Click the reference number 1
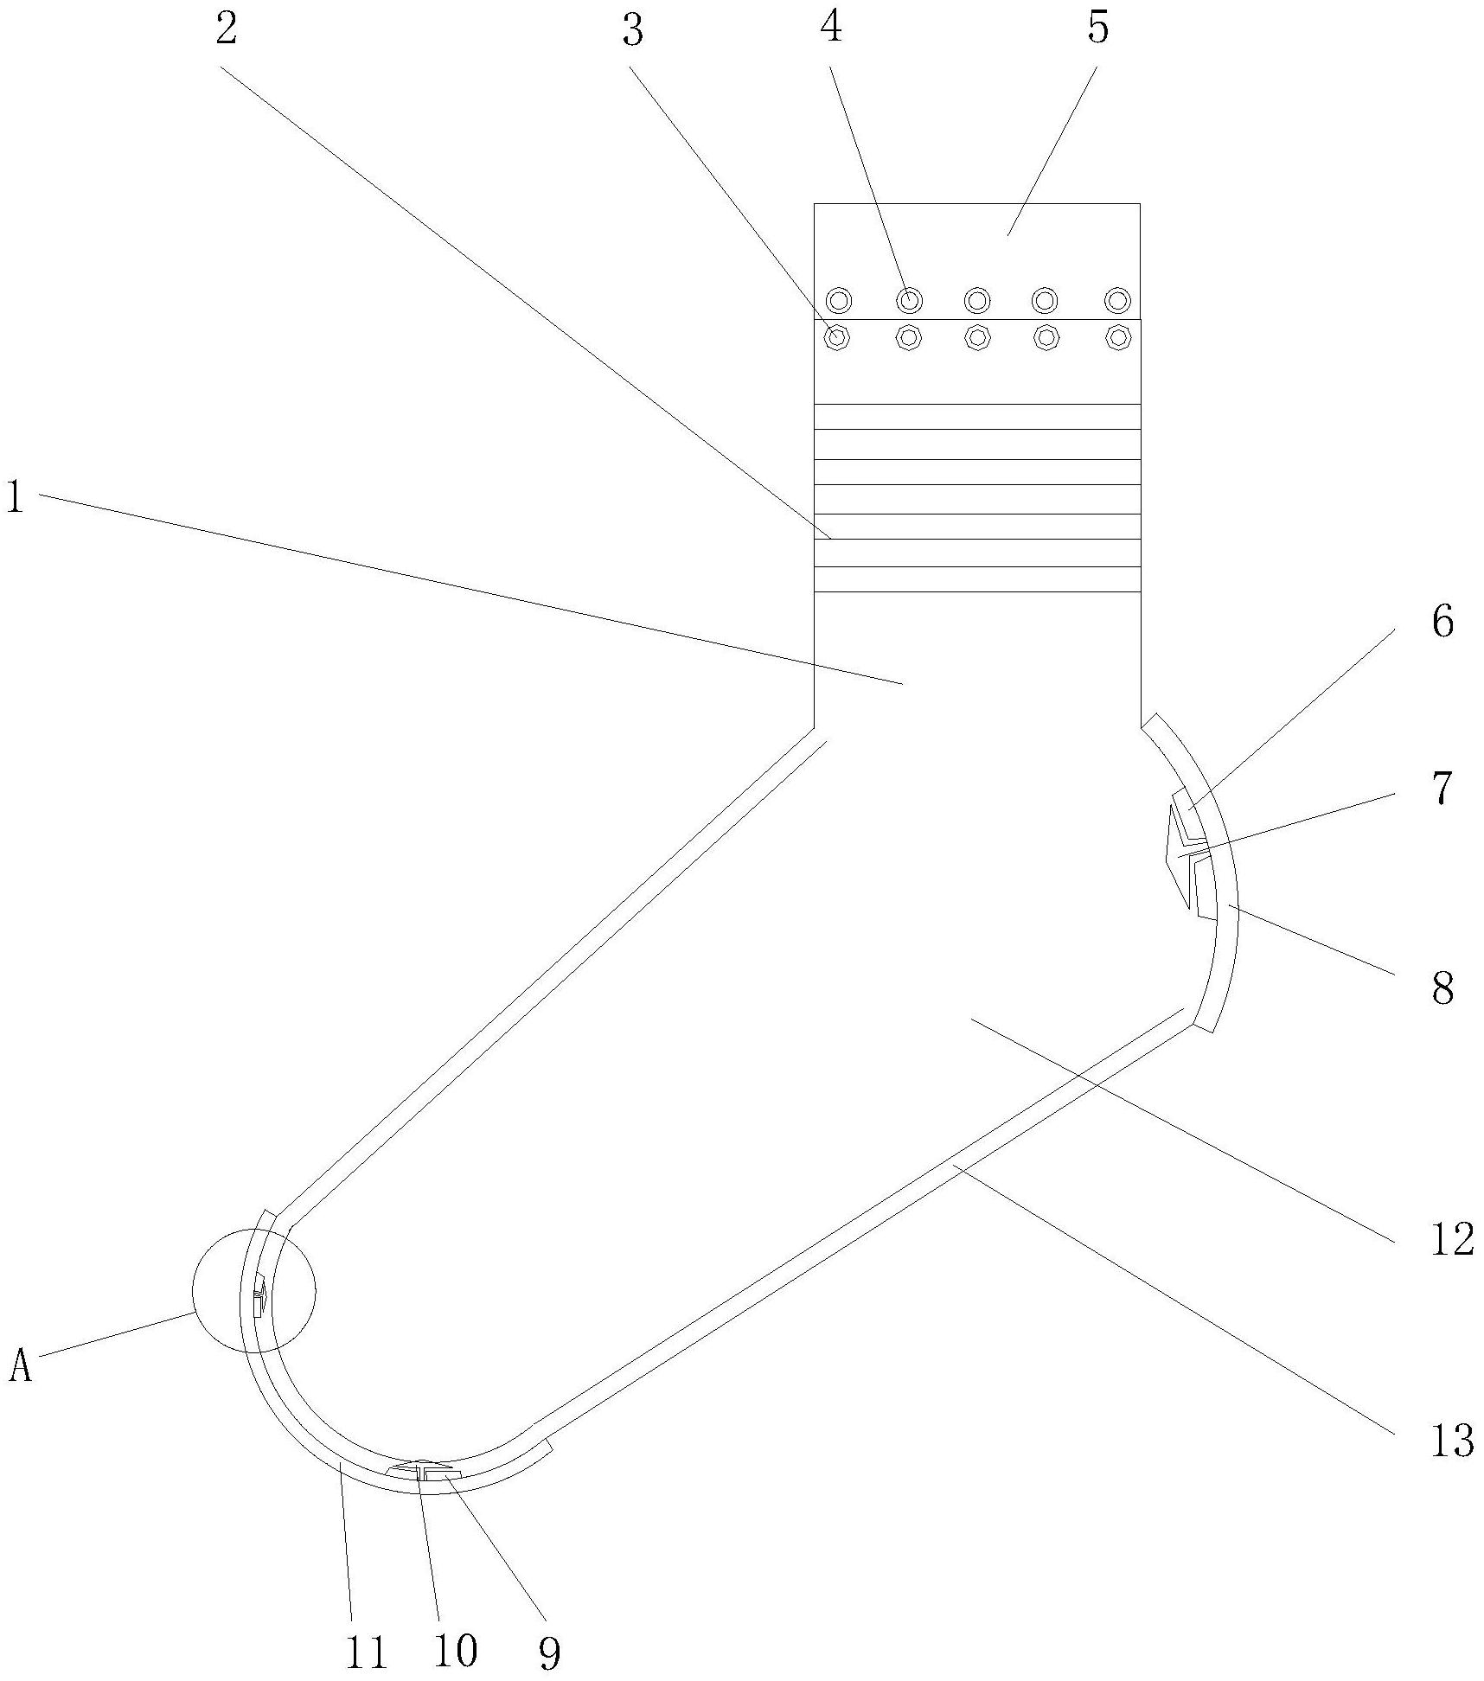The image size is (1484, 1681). point(15,498)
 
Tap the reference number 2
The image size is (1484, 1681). point(226,31)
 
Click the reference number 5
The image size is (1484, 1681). point(1097,29)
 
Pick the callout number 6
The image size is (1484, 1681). point(1442,622)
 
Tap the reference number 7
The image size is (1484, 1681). point(1441,789)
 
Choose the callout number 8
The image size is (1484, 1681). point(1442,988)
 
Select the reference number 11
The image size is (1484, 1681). point(364,1653)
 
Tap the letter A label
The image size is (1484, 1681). point(21,1367)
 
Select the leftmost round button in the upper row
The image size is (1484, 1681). point(839,301)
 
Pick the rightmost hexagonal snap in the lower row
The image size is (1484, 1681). point(1118,336)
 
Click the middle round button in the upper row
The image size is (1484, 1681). point(977,301)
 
